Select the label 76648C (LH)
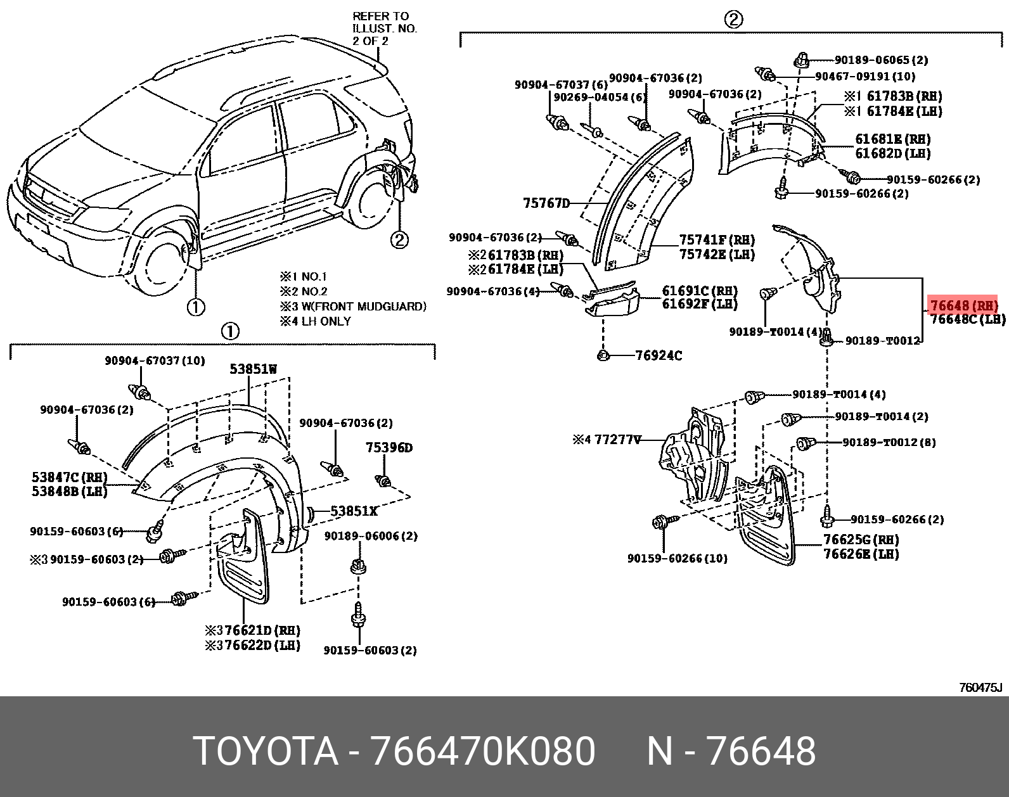(968, 319)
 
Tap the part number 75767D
(546, 203)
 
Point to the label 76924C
(659, 355)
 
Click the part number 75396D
(389, 448)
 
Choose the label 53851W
(253, 369)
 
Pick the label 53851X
(354, 511)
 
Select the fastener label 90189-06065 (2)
(881, 60)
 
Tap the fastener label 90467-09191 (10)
(864, 76)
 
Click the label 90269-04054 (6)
(600, 97)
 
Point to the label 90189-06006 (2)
(371, 536)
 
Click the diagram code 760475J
(980, 687)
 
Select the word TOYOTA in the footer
(266, 751)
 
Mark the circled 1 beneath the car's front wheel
(196, 307)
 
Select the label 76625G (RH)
(861, 540)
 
